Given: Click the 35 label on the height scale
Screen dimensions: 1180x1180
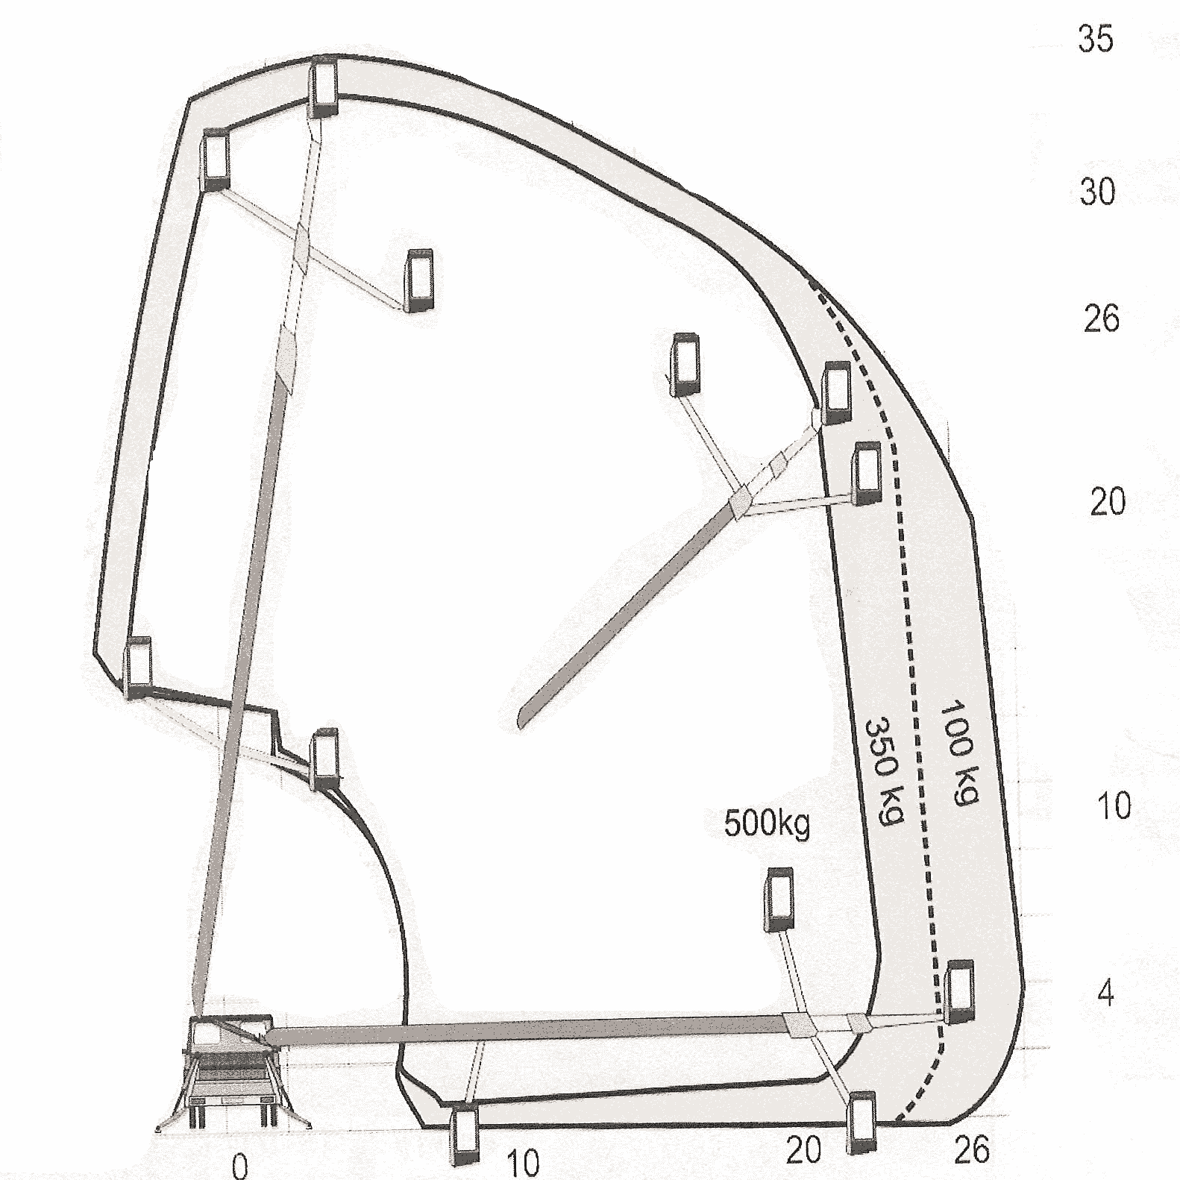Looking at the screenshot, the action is point(1095,39).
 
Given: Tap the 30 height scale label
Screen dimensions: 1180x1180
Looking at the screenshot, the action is point(1097,192).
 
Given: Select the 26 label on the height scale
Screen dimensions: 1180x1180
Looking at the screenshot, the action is point(1101,318).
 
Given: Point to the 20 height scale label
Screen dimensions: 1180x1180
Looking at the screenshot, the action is point(1108,503).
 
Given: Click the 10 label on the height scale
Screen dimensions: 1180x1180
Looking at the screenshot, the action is point(1114,806).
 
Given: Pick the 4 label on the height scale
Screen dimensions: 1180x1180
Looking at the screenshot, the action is point(1106,993).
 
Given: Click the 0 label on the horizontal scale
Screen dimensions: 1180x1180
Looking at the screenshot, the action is point(239,1165).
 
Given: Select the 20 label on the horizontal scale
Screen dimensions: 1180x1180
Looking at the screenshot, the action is point(803,1150).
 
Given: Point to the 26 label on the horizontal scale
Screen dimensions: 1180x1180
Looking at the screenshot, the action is point(972,1149).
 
